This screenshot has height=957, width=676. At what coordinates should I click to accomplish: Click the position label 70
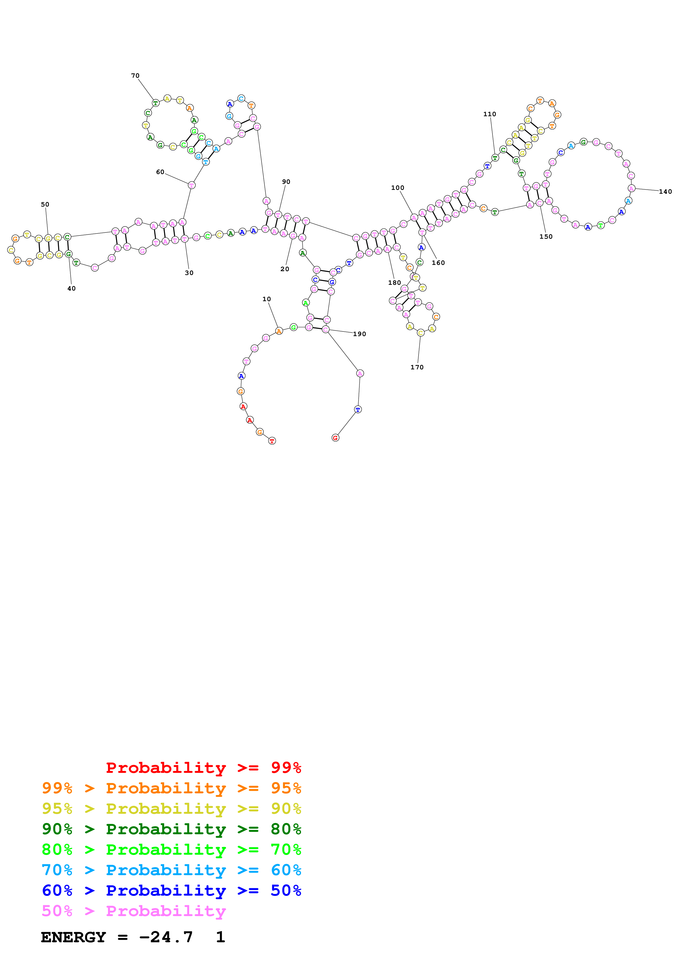135,76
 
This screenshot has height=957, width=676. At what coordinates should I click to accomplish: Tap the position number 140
665,192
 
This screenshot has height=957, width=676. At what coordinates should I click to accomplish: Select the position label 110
489,114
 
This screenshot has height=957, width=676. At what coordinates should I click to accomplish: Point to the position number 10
267,299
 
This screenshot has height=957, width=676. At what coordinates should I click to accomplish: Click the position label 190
359,334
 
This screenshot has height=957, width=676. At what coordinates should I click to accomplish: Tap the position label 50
45,205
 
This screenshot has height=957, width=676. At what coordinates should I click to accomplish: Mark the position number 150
546,237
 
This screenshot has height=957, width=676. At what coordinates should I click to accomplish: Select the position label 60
160,172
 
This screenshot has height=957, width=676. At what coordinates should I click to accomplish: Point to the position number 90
286,182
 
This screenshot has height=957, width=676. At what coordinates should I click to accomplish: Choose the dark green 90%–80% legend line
171,829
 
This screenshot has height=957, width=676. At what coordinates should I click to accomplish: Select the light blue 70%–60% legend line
171,870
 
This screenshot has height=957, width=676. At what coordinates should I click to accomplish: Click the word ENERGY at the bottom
73,937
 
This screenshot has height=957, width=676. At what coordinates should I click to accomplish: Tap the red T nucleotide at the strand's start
272,441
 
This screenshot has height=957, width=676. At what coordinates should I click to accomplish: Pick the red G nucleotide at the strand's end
335,438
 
